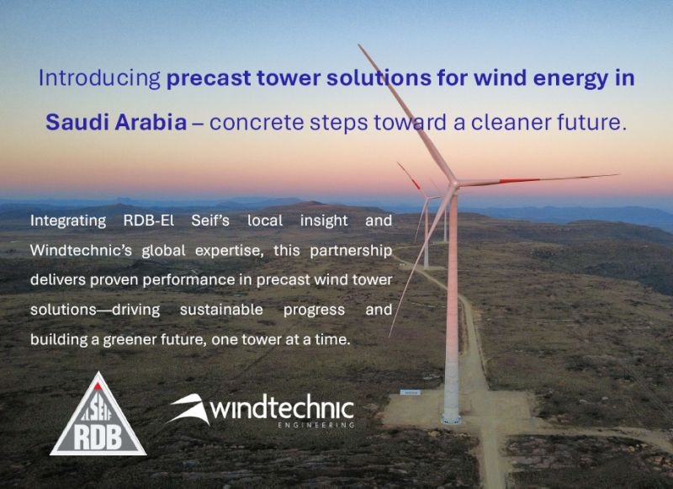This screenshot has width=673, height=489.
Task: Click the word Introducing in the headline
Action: click(99, 78)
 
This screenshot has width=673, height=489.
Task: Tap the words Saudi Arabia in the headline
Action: click(116, 122)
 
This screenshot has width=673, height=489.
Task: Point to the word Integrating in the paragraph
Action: click(68, 221)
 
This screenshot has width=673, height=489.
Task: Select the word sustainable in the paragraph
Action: click(221, 310)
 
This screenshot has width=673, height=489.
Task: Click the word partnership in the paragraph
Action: click(351, 251)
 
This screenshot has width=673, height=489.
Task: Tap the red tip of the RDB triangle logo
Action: click(98, 386)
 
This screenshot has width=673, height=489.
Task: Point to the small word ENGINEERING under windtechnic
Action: click(316, 426)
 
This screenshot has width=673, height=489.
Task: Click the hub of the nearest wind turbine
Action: click(453, 185)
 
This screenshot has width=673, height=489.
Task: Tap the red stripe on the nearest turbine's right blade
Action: click(519, 181)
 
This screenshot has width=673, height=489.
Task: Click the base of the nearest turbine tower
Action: click(452, 418)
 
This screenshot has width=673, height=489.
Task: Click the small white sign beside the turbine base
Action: click(411, 392)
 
